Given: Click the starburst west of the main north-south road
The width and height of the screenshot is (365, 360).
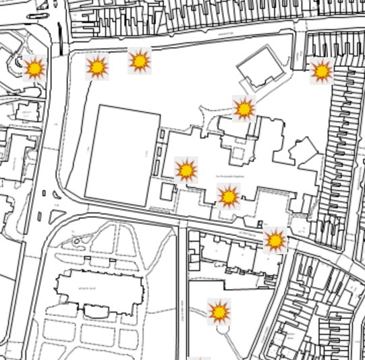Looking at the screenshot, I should click(34, 68).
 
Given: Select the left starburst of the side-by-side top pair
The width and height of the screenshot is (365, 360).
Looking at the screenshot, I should click(97, 67).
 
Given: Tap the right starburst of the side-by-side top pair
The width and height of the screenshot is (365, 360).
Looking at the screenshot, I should click(140, 61).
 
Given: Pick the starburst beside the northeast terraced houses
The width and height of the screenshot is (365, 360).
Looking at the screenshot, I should click(321, 71).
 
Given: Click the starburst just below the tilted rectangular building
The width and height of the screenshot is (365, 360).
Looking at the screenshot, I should click(244, 108).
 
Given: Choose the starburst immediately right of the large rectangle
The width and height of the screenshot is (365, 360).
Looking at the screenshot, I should click(186, 170).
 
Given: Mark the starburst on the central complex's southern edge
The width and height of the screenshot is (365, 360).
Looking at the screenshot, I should click(229, 196).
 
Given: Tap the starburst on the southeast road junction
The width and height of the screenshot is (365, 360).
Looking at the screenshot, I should click(275, 239).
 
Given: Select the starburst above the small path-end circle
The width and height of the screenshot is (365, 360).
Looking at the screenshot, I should click(219, 311).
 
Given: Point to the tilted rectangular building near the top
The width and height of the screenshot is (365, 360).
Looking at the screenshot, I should click(260, 70).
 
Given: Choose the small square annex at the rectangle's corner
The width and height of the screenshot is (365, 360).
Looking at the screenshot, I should click(167, 191).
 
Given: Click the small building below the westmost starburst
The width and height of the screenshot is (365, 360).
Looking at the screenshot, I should click(27, 112).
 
